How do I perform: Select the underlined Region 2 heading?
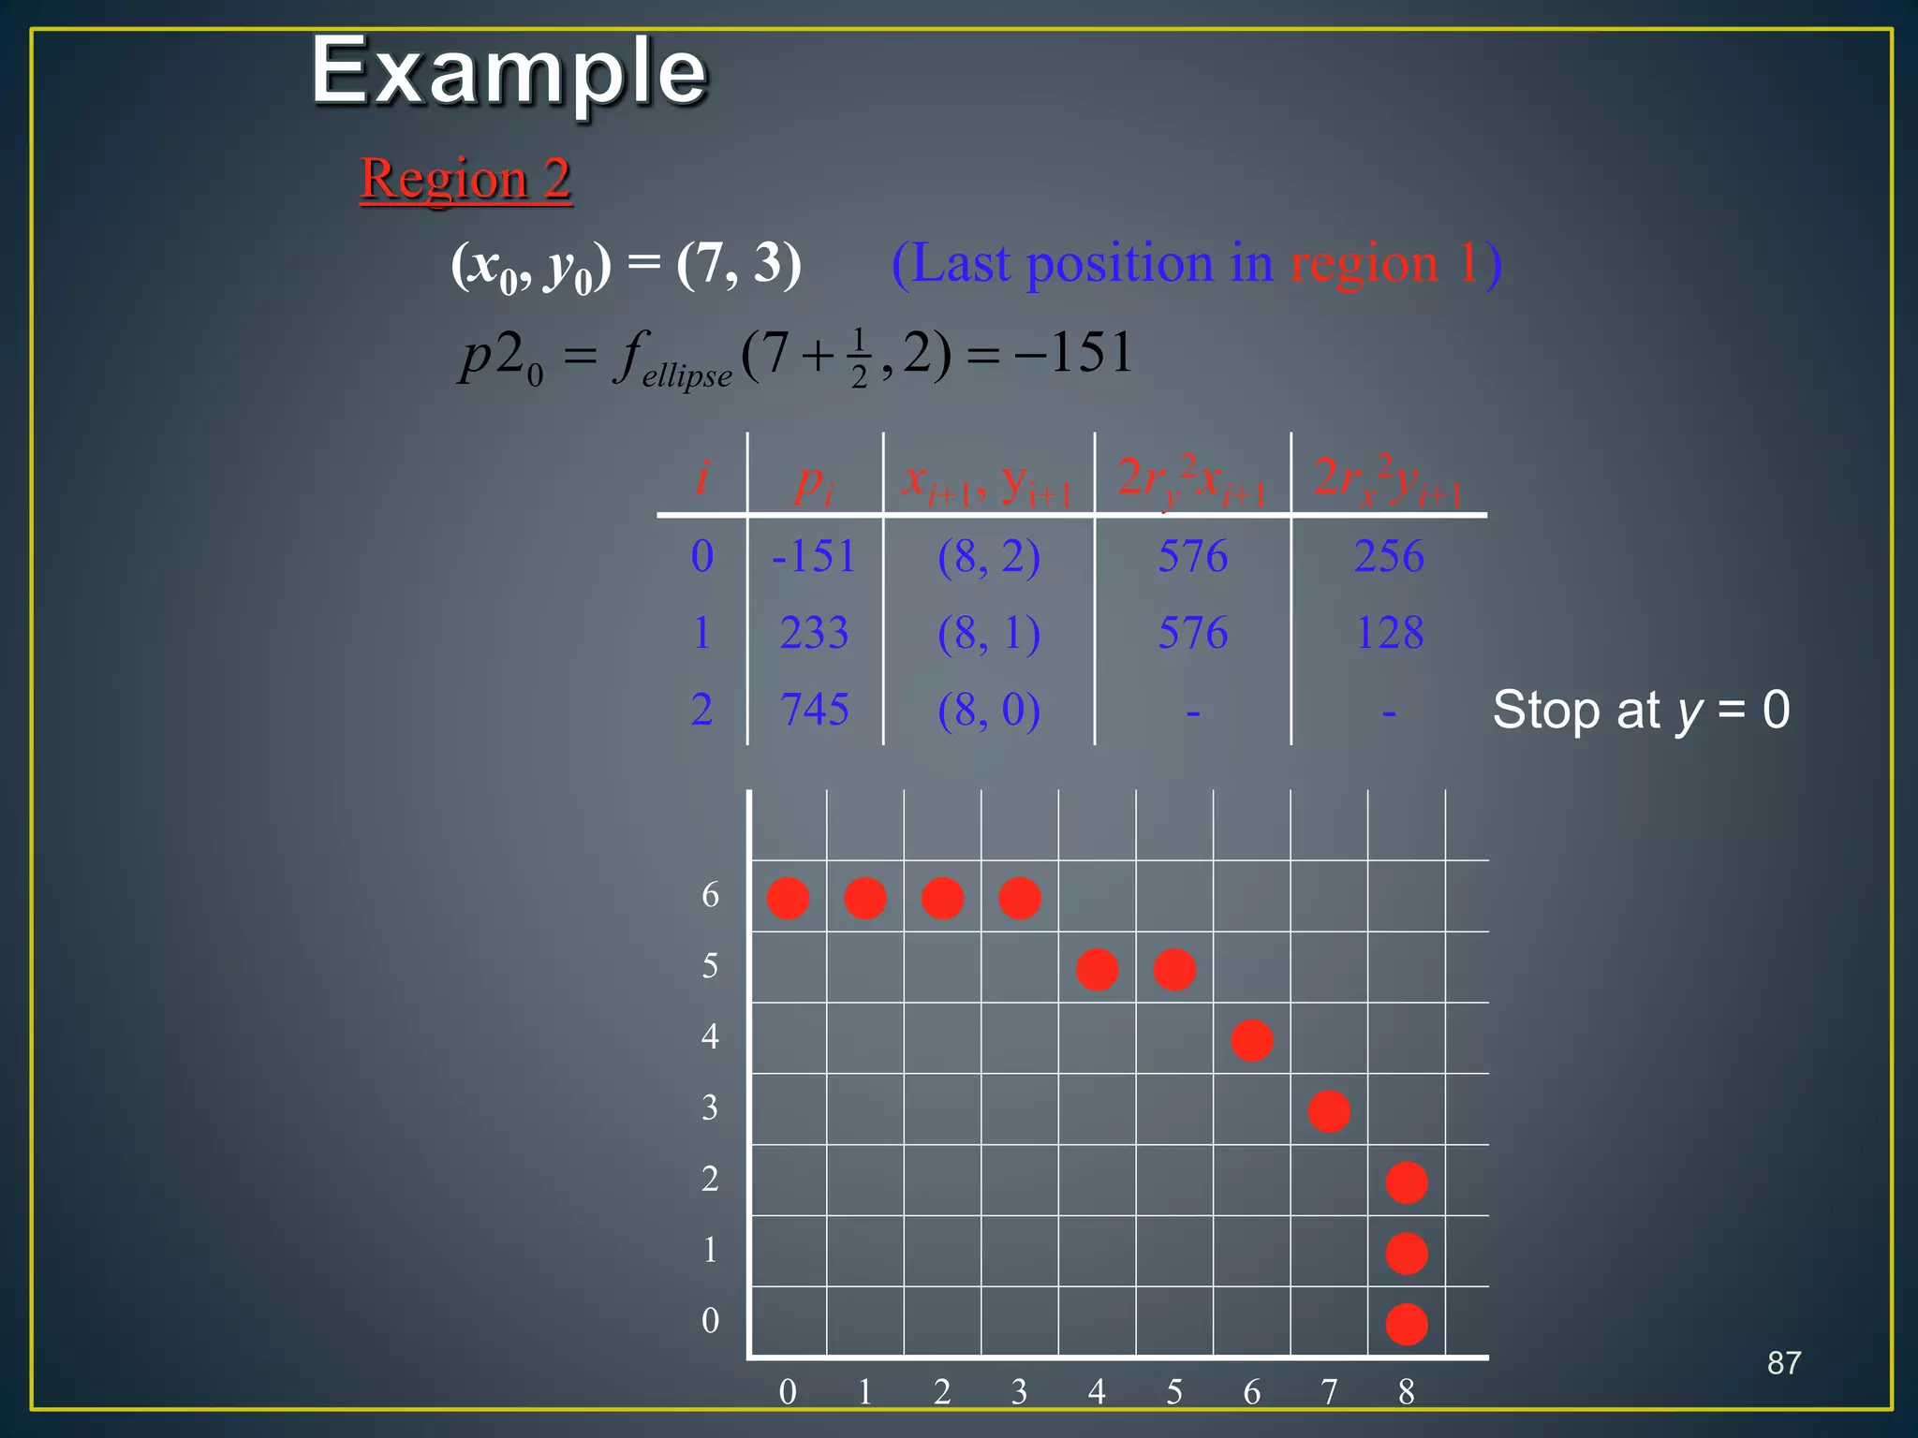(x=465, y=178)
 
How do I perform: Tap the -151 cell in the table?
(x=813, y=556)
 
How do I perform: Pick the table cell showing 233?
(x=814, y=633)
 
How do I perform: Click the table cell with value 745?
(x=814, y=710)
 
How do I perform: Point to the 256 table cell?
(x=1389, y=556)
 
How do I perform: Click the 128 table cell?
(x=1389, y=633)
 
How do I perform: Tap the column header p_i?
(x=813, y=481)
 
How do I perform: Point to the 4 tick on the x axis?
(x=1097, y=1392)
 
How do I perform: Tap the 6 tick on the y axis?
(x=710, y=895)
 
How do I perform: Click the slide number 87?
(x=1783, y=1363)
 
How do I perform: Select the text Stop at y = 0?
(x=1641, y=710)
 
